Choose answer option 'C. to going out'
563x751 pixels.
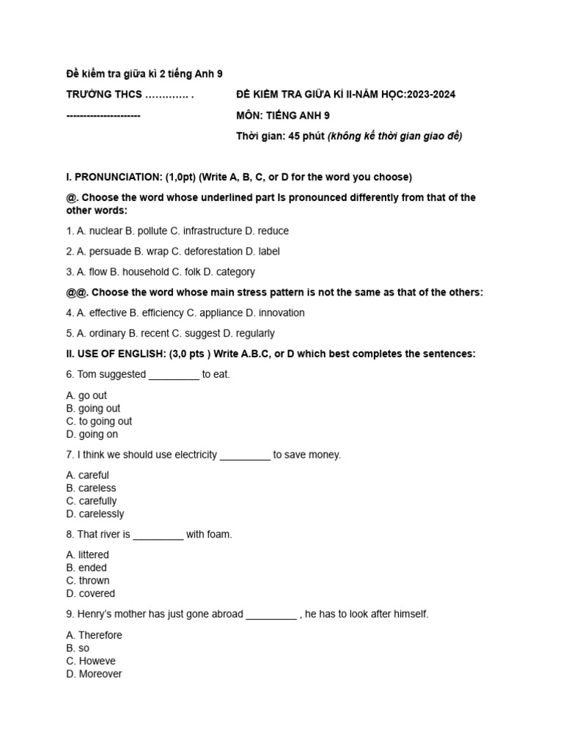[99, 422]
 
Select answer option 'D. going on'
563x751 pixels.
[92, 435]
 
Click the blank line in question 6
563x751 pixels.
[174, 375]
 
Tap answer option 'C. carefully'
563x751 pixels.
[92, 502]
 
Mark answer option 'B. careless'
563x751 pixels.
[91, 488]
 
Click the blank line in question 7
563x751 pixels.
[245, 456]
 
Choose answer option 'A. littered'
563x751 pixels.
[87, 555]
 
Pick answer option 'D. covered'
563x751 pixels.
[90, 594]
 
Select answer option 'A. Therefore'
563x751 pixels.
[94, 636]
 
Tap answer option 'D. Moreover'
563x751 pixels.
[94, 675]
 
